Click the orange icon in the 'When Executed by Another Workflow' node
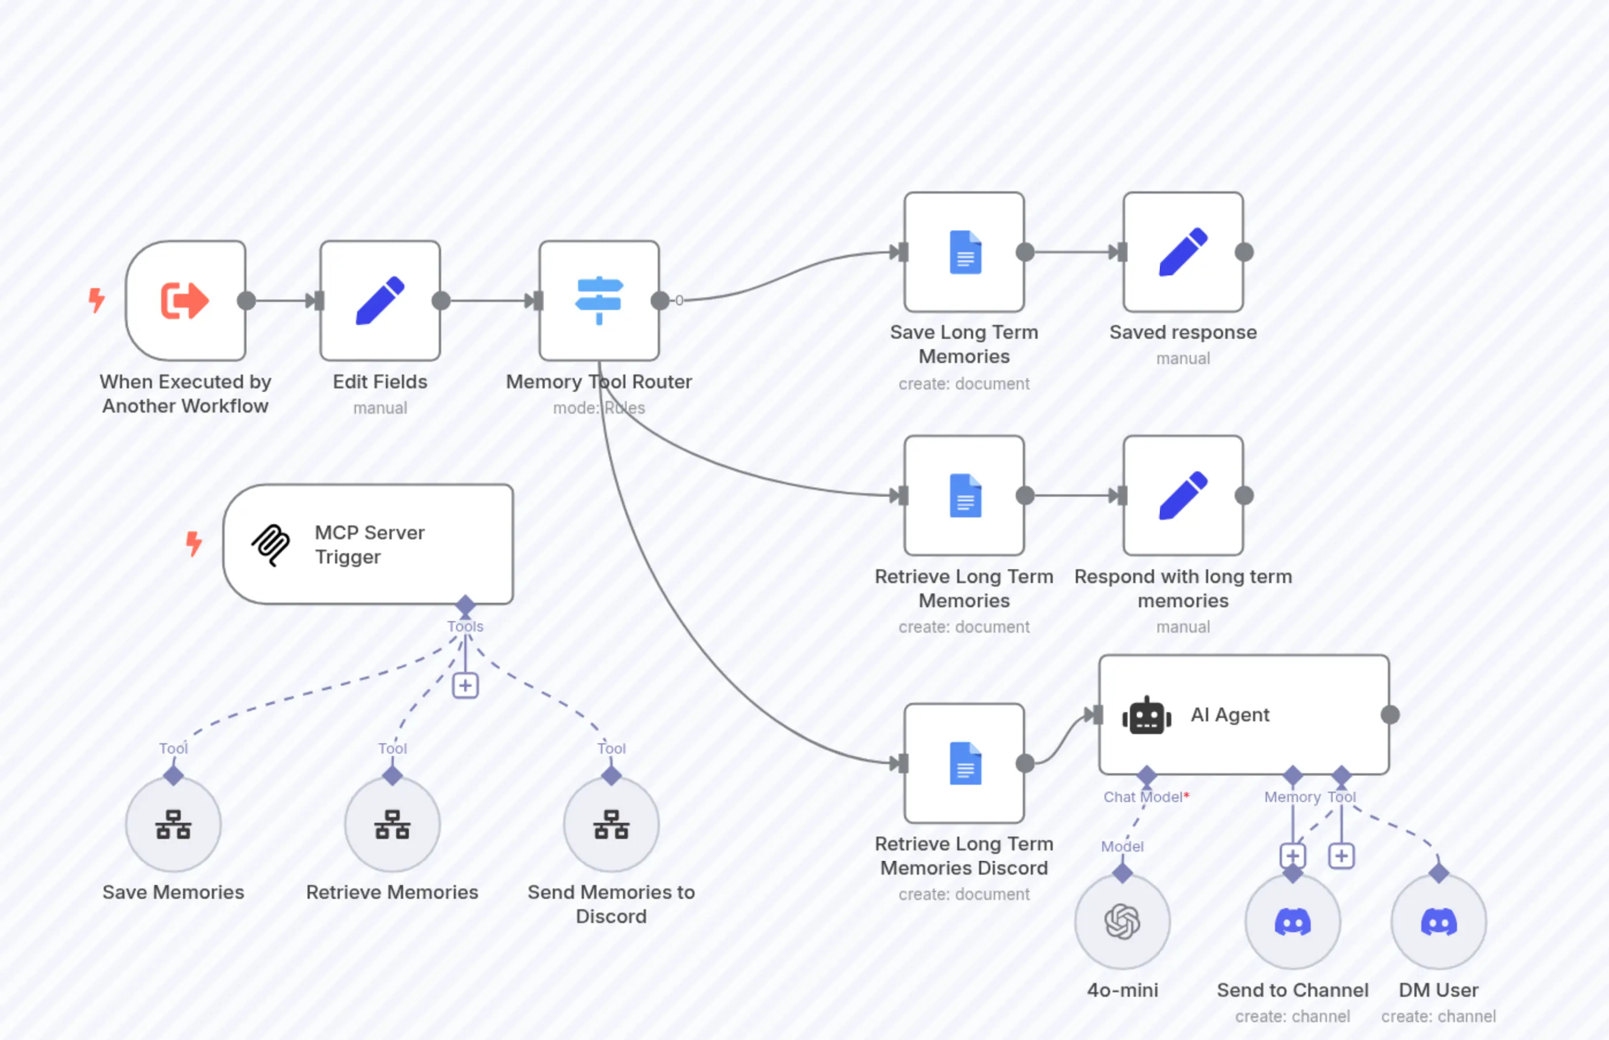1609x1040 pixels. (x=184, y=301)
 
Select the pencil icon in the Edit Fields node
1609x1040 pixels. (x=380, y=301)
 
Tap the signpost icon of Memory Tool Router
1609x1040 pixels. (x=599, y=301)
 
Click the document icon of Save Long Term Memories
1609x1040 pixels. (x=965, y=252)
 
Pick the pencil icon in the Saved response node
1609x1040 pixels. (x=1183, y=252)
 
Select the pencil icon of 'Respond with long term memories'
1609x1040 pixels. (x=1183, y=495)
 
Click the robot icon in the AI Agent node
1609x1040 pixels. (x=1146, y=715)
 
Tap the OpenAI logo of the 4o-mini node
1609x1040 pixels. (x=1122, y=922)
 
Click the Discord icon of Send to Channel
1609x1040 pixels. (x=1292, y=922)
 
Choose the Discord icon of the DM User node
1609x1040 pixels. (x=1438, y=922)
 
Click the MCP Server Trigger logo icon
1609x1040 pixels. (x=271, y=544)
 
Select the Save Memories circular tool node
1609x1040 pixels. (x=173, y=825)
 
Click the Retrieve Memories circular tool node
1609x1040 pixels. (x=392, y=825)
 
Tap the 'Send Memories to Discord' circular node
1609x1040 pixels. (x=611, y=825)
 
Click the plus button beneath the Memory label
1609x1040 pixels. (x=1292, y=856)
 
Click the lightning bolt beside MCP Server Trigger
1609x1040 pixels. (x=193, y=544)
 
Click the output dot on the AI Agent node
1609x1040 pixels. (x=1390, y=714)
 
